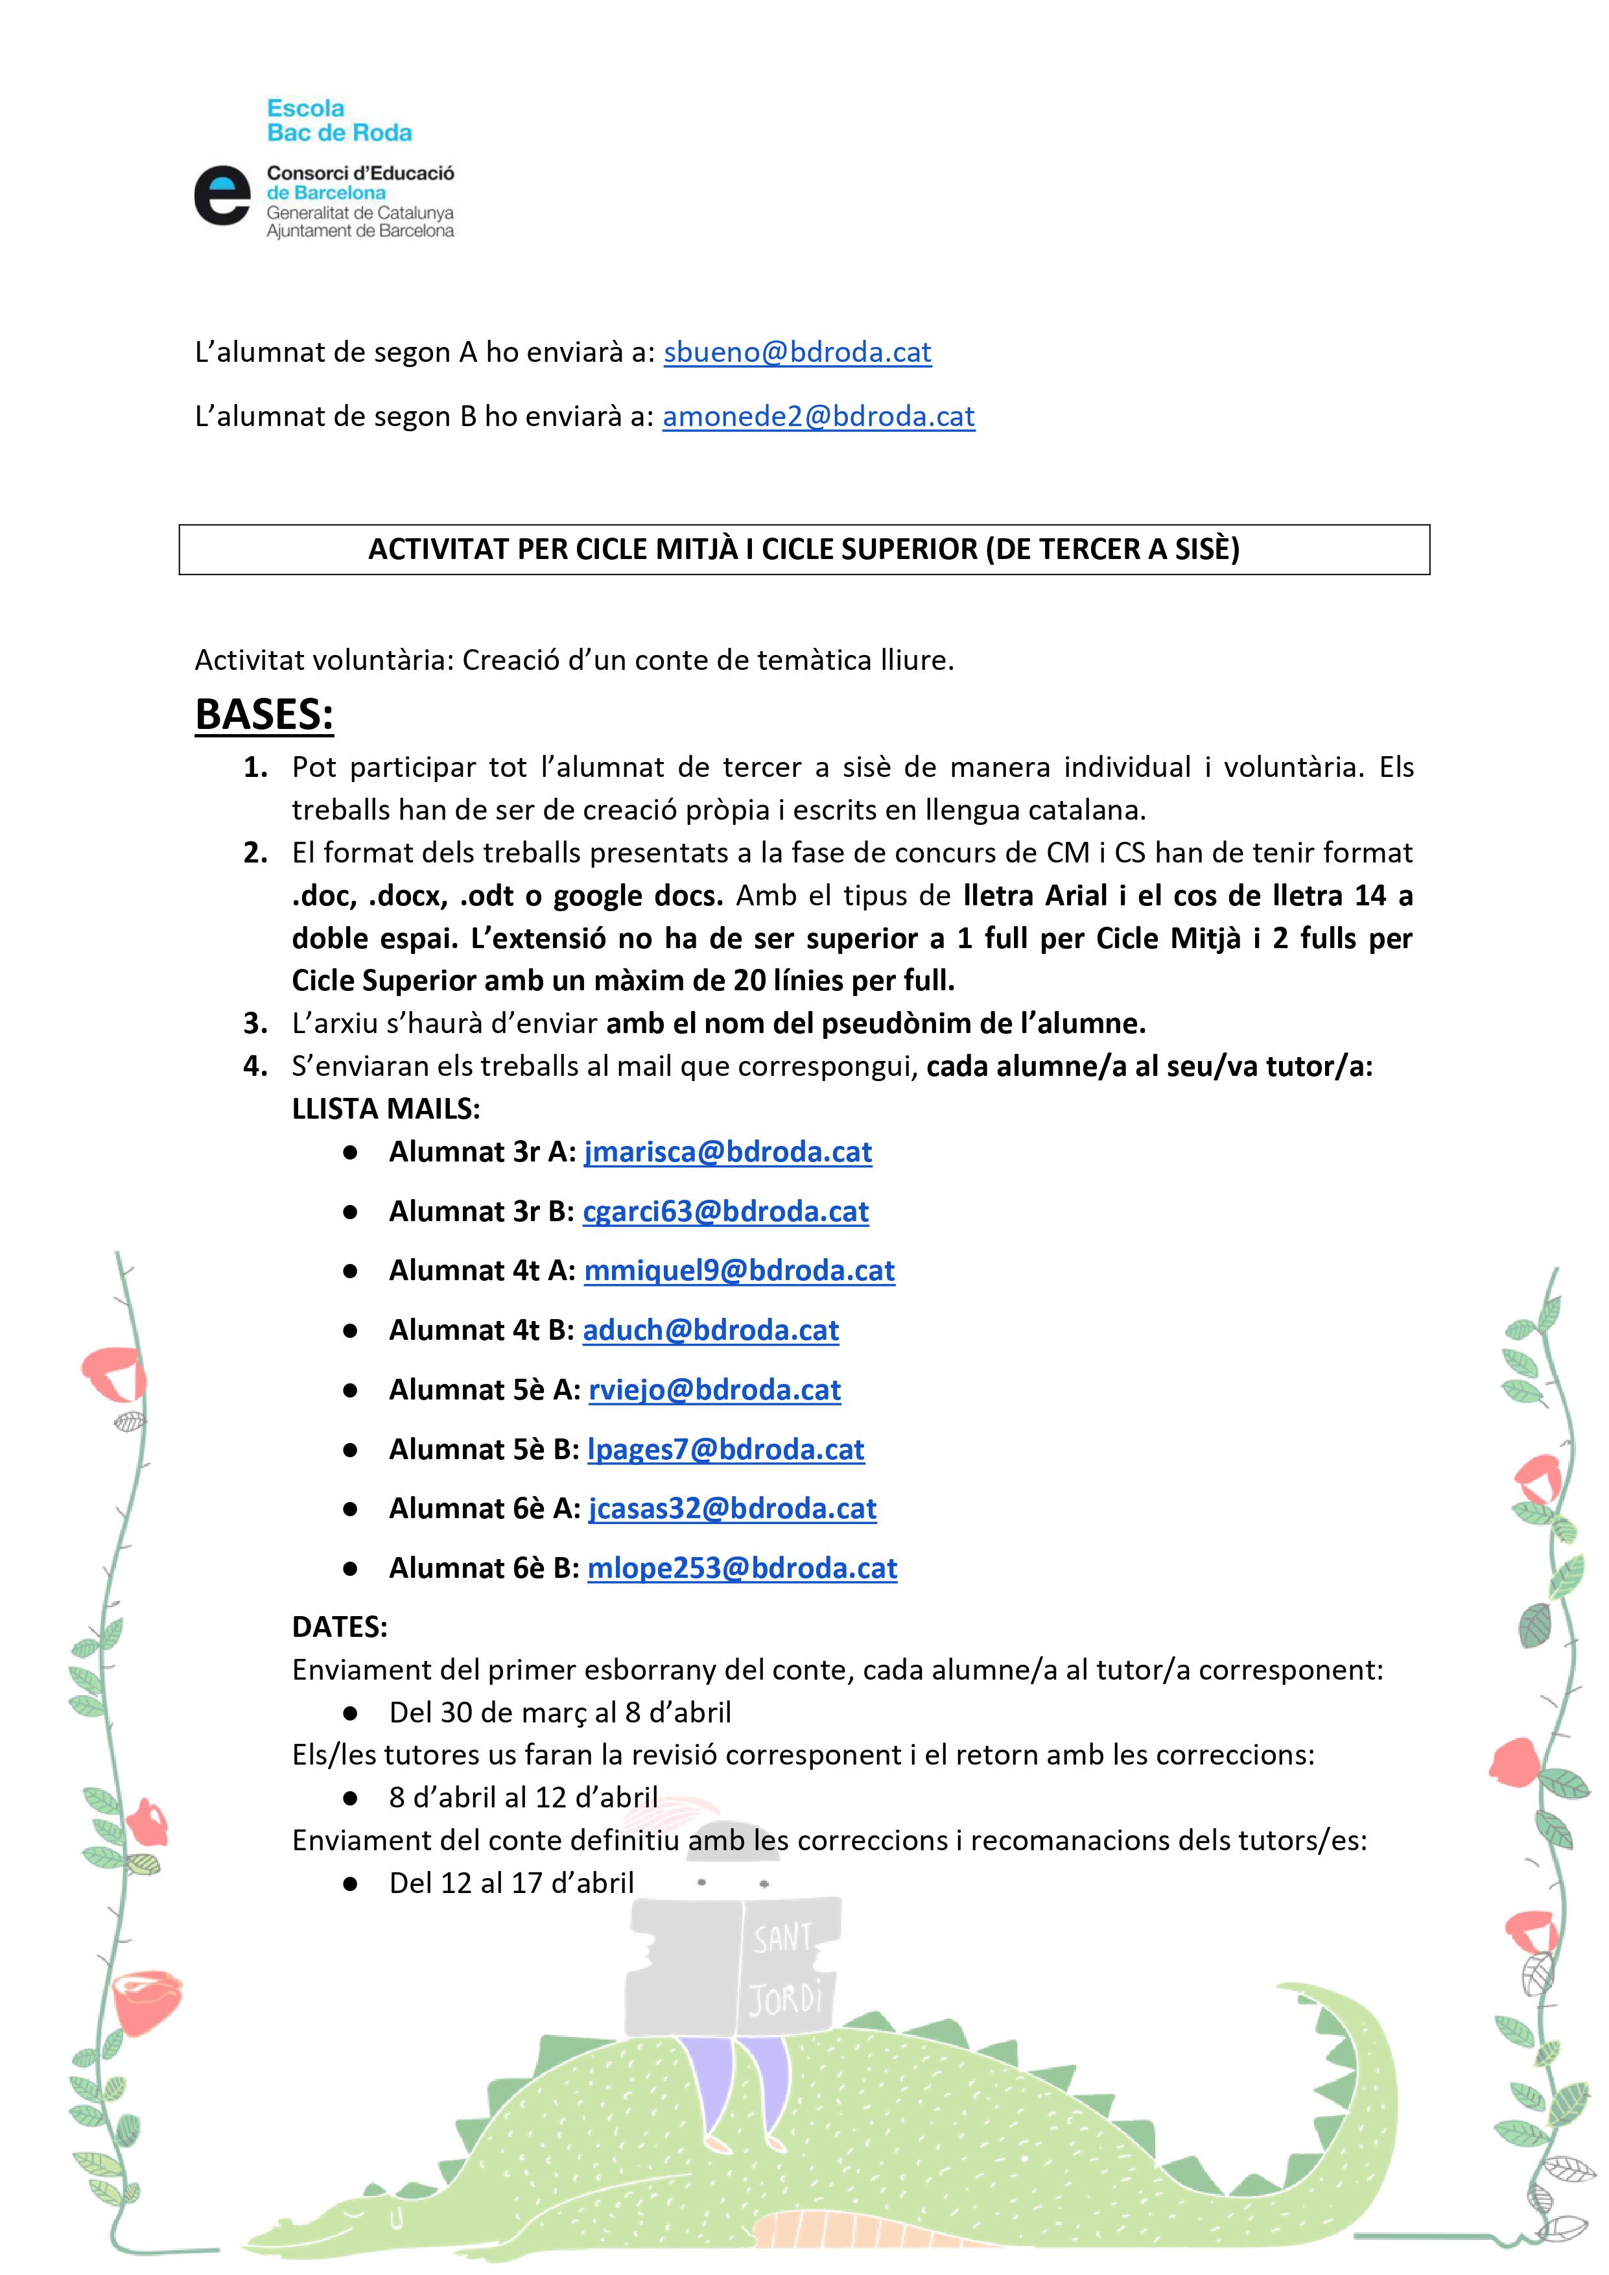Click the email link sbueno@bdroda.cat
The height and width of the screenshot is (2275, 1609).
(797, 353)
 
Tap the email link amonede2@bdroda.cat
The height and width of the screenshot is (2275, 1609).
(818, 416)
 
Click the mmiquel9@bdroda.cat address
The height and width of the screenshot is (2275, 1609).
(739, 1270)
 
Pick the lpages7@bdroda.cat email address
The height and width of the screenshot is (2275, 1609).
(725, 1449)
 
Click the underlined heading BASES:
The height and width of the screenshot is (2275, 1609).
(264, 715)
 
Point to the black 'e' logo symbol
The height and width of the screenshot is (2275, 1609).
(222, 195)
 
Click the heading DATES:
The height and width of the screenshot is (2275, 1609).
(340, 1627)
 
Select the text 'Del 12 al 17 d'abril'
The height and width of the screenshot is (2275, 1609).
(511, 1883)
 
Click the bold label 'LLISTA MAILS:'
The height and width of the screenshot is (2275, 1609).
(386, 1109)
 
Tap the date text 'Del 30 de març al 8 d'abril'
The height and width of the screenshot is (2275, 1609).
(560, 1712)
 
